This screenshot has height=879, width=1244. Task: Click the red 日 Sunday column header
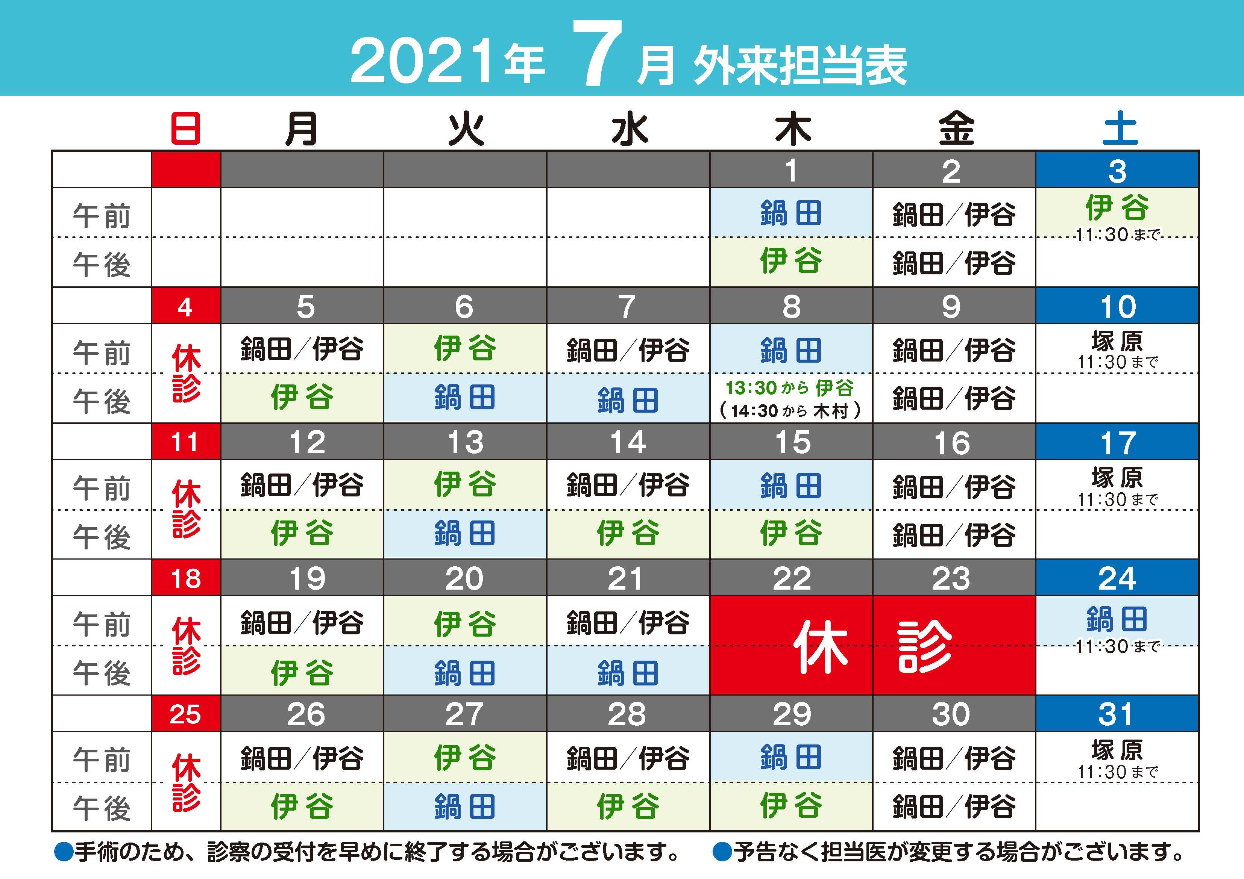point(186,129)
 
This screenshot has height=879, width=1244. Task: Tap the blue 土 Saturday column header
point(1120,129)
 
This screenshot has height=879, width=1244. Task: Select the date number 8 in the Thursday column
point(792,307)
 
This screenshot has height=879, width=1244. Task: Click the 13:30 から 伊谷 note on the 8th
point(790,388)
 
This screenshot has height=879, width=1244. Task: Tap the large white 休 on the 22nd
point(821,647)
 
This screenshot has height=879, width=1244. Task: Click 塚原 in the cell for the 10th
point(1117,341)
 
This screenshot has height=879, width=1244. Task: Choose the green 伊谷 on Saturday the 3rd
point(1117,207)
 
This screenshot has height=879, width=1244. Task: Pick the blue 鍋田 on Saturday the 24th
point(1117,619)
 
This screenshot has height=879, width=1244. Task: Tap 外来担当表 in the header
point(800,65)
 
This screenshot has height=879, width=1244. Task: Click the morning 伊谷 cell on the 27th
point(465,757)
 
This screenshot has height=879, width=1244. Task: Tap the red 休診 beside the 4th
point(186,373)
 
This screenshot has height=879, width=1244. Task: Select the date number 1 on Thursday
point(792,171)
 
